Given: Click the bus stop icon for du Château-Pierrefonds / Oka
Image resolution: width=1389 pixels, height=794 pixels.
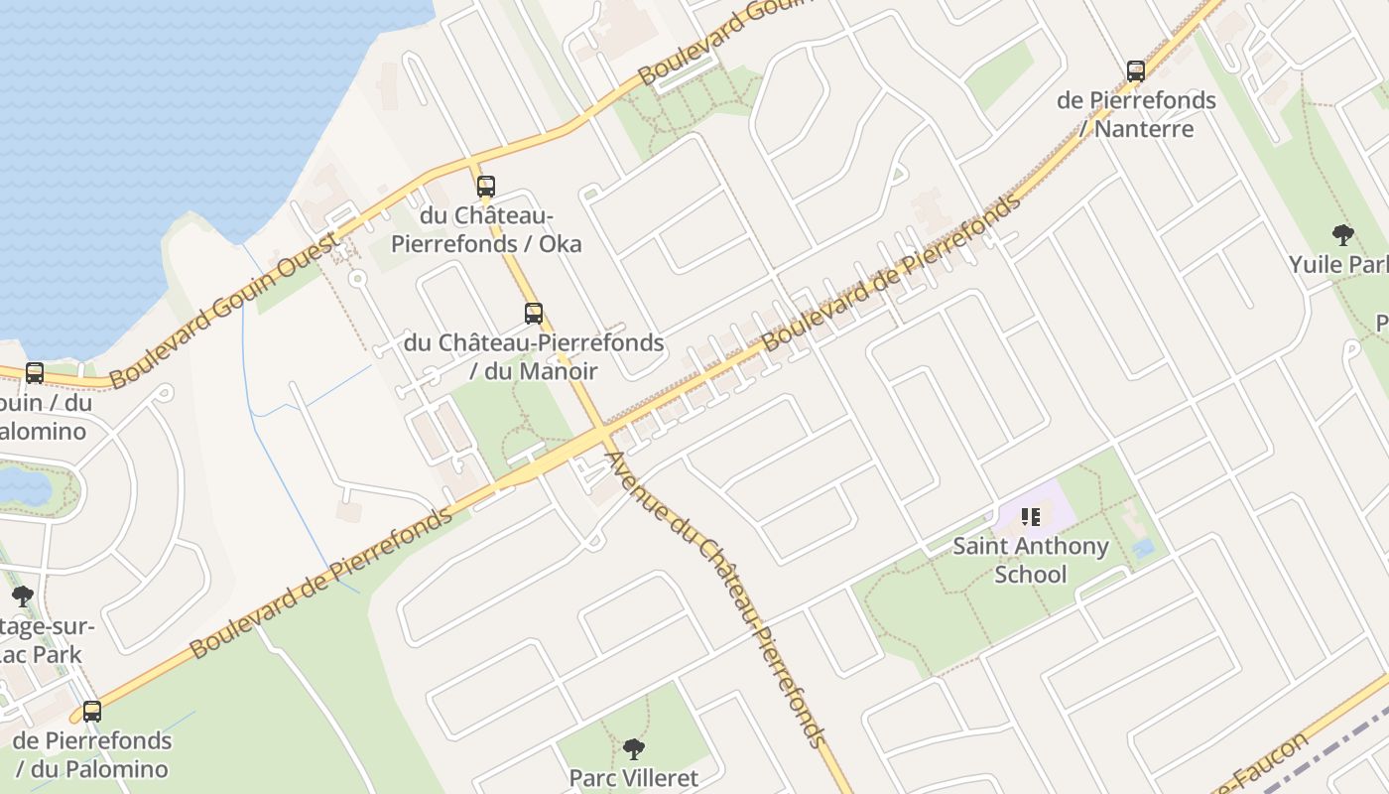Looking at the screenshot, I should [x=485, y=187].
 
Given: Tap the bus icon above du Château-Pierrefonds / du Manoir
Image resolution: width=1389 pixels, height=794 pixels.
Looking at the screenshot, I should [x=533, y=314].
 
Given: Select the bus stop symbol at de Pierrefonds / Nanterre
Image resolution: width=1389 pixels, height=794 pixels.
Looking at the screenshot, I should [x=1136, y=71].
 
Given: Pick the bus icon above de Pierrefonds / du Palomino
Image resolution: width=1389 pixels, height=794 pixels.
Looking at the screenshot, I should [x=92, y=712].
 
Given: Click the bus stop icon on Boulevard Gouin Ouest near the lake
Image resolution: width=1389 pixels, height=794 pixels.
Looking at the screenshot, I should [x=35, y=373].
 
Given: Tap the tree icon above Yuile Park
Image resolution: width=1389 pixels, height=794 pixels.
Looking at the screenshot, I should [x=1342, y=235].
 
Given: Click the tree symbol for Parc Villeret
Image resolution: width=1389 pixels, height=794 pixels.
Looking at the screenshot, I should [x=633, y=749].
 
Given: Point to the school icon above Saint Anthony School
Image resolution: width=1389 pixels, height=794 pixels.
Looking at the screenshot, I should [x=1031, y=516].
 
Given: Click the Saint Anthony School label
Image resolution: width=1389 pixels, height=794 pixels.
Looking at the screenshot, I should [x=1031, y=560].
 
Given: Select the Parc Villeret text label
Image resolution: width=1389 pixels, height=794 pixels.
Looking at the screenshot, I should [x=633, y=778].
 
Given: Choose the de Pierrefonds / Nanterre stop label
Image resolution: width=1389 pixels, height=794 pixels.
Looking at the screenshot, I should [x=1136, y=114].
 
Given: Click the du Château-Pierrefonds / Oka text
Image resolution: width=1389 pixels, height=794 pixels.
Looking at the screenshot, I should [x=486, y=229].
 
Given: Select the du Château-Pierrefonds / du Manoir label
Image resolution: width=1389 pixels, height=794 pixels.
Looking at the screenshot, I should [x=534, y=356].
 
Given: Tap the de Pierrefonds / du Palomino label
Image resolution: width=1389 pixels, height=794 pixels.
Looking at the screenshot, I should [x=92, y=754].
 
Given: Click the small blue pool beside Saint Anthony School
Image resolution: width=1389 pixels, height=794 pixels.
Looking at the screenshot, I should [x=1143, y=548].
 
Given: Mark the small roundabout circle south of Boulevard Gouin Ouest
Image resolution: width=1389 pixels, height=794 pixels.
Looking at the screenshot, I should [x=357, y=279].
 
